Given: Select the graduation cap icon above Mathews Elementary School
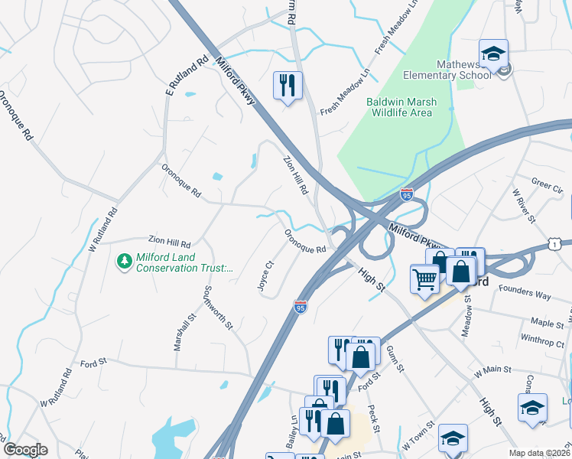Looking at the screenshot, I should coord(493,54).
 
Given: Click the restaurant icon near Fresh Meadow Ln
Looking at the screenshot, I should coord(288,85).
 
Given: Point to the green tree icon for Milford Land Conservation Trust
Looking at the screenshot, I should coord(123,262).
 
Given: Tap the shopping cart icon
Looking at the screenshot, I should coord(424,278).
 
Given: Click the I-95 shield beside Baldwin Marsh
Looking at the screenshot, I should coord(406,196).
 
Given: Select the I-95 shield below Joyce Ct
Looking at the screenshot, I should coord(301,307).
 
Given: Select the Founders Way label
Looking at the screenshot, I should coord(525,291).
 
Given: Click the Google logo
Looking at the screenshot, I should coord(25,449).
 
